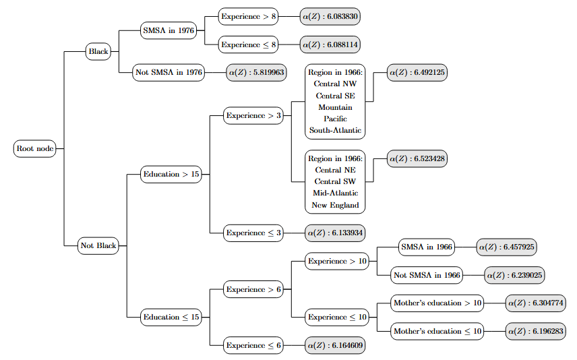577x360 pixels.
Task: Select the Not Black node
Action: tap(98, 245)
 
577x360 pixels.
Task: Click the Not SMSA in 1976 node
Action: tap(169, 73)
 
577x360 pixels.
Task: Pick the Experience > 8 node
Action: tap(249, 15)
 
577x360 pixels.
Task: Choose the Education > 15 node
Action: tap(171, 175)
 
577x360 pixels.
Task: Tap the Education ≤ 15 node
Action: tap(171, 317)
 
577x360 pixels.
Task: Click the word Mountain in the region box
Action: tap(335, 107)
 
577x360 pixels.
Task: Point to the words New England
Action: tap(335, 205)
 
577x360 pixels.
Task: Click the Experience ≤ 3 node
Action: tap(254, 233)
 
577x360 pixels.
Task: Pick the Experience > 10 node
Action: tap(337, 261)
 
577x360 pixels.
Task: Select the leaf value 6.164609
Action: tap(335, 345)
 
